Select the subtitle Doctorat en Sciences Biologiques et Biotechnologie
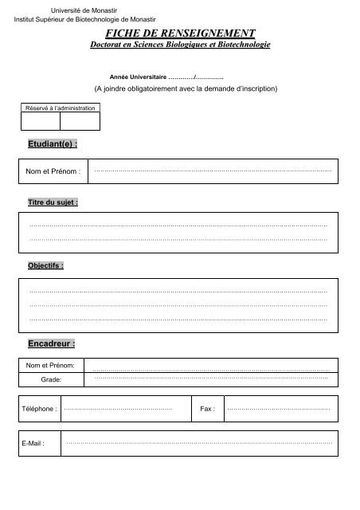181,45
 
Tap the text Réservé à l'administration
61,107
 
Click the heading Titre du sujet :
53,202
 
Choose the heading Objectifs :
45,265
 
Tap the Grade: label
49,380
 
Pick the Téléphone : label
39,409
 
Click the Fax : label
207,409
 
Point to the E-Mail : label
33,443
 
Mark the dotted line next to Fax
278,409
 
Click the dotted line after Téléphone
118,409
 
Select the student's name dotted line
212,171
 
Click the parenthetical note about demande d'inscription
185,88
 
